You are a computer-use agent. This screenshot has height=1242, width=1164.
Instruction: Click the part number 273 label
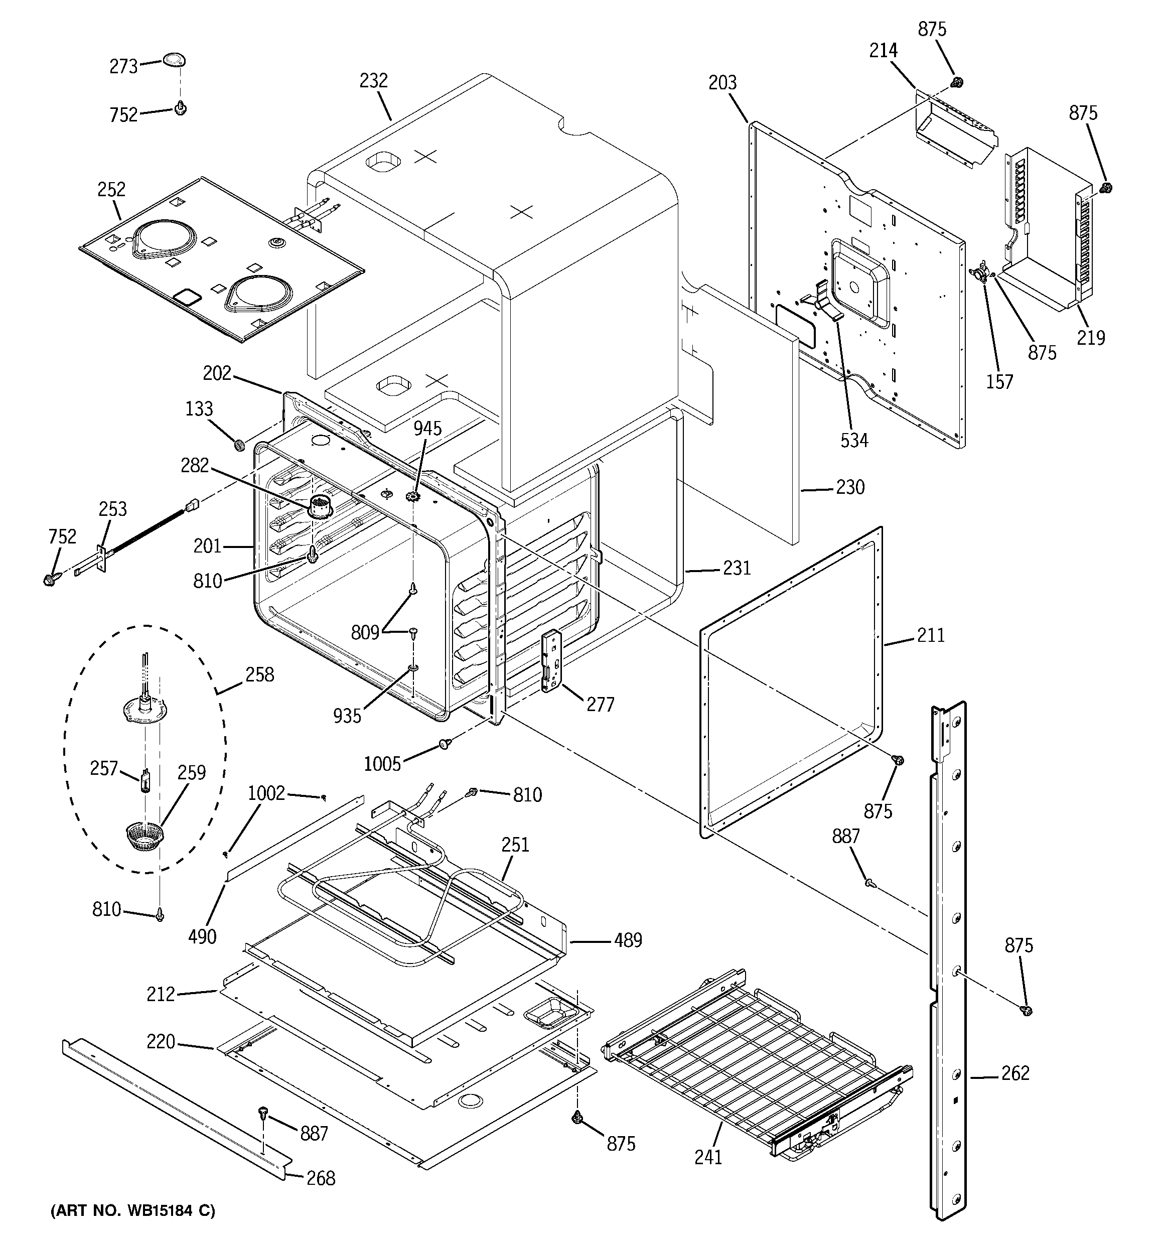click(x=123, y=66)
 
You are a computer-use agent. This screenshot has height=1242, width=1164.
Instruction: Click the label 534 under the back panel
click(x=854, y=441)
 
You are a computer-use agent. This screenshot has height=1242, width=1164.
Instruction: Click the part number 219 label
click(x=1091, y=338)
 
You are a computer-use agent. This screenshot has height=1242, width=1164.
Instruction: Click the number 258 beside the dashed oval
click(x=260, y=675)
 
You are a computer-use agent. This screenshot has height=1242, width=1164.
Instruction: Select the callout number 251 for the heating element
click(x=515, y=845)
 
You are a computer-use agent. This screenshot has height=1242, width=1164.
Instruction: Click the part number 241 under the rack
click(x=708, y=1157)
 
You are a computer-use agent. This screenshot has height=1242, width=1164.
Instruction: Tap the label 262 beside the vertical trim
click(x=1015, y=1073)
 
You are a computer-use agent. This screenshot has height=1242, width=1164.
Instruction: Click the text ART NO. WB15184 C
click(x=132, y=1211)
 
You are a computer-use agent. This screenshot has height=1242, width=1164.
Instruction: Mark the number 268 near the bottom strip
click(x=321, y=1178)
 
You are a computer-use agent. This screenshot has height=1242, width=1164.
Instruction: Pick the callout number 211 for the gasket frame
click(x=931, y=635)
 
